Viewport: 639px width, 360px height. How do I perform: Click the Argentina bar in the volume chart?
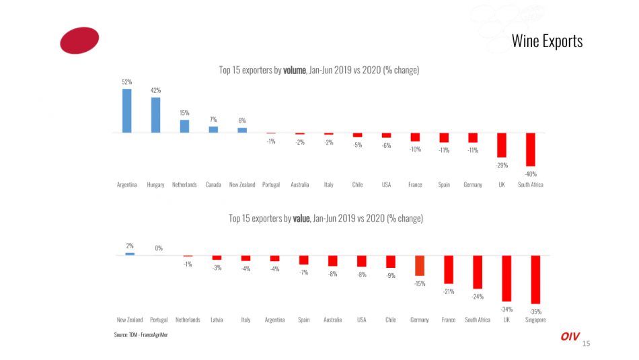126,111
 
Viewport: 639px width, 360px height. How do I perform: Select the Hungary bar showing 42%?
155,116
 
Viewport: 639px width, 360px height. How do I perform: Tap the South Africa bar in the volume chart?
530,149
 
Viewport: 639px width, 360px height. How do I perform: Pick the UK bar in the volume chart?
501,145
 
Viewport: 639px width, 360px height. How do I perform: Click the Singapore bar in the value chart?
536,279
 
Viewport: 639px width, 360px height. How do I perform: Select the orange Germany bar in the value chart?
419,265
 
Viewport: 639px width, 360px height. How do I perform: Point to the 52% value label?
126,81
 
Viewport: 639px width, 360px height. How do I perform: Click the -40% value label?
530,174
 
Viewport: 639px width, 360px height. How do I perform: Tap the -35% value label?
535,312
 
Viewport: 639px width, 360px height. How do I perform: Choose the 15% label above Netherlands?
184,113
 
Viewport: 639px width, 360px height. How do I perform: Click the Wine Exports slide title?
547,41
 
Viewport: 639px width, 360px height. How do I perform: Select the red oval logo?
79,40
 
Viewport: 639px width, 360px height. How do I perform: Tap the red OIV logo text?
570,336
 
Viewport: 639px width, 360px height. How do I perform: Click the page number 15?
586,344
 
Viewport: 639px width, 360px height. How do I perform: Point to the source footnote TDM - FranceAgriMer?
141,334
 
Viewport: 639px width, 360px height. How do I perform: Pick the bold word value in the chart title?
301,218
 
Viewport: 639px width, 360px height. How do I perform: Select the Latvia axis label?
217,320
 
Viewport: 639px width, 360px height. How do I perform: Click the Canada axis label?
213,184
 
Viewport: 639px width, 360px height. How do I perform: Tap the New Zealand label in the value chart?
130,320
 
